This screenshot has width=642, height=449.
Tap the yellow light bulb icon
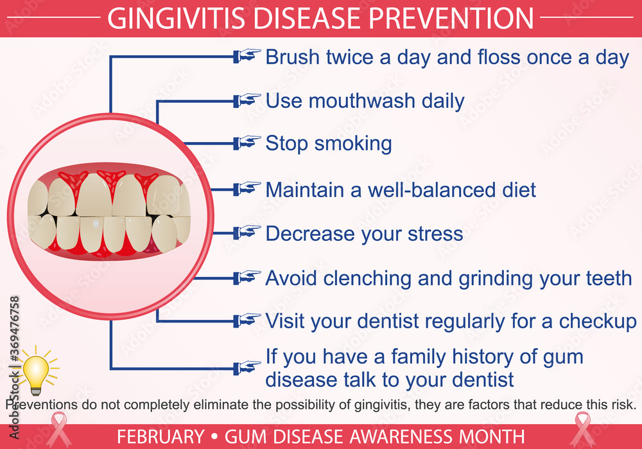[x=37, y=371]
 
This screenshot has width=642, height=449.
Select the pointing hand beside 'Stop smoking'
[x=248, y=143]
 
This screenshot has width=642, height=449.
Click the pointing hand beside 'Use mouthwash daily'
[x=248, y=100]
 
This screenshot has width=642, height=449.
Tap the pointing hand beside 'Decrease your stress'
[x=248, y=233]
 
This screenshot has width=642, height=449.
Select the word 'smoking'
[x=357, y=143]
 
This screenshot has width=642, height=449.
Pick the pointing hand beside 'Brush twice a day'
[x=248, y=57]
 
